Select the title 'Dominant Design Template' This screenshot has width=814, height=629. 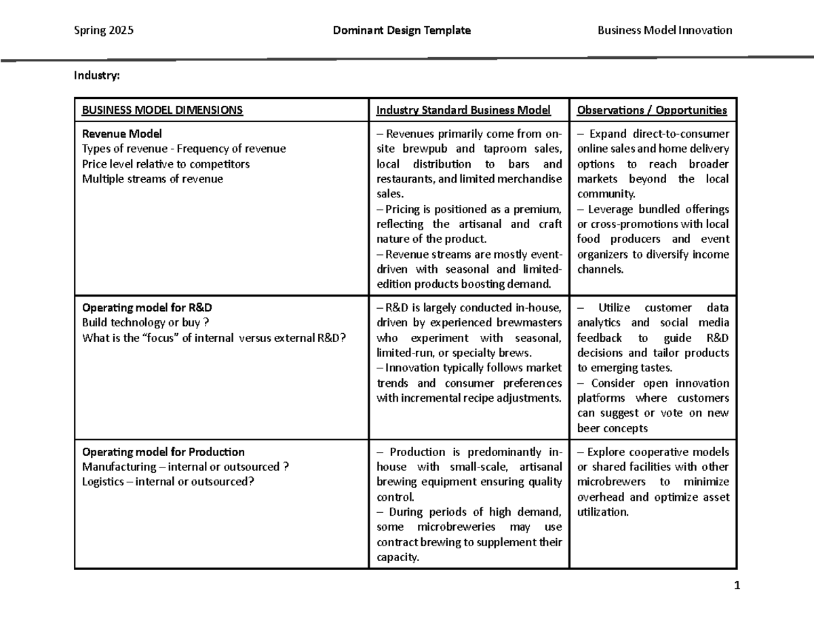[x=402, y=30]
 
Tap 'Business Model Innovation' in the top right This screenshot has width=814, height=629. [x=664, y=30]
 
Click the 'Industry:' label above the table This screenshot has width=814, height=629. [x=97, y=76]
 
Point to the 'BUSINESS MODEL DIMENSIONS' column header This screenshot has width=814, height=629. [x=162, y=110]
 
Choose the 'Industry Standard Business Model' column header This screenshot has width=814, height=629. [x=463, y=110]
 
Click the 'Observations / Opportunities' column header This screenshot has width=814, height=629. [x=652, y=110]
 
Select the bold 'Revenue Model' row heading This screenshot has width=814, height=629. [x=122, y=134]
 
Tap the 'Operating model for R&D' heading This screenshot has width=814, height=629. [x=147, y=307]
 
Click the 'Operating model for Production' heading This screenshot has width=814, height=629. [x=163, y=452]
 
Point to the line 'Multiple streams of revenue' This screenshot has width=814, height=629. [x=152, y=179]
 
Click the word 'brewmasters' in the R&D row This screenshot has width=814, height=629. [x=529, y=323]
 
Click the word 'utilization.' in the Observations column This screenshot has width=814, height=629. [x=603, y=512]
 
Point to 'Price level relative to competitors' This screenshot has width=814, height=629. [x=166, y=164]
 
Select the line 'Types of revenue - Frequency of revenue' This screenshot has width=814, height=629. [x=184, y=149]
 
